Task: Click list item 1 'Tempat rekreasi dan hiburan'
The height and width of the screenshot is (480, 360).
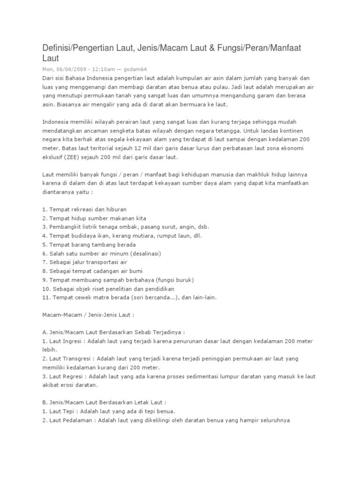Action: [84, 209]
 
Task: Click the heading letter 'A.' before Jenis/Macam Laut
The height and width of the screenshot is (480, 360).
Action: [45, 332]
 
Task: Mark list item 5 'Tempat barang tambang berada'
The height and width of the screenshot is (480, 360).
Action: [89, 245]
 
